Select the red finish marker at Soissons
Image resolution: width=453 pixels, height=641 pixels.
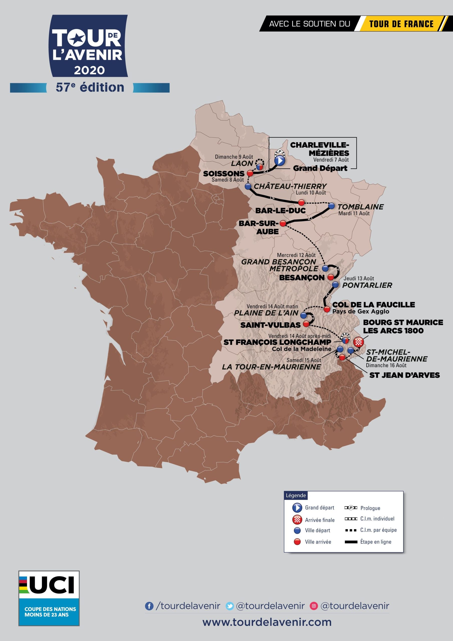[x=250, y=173]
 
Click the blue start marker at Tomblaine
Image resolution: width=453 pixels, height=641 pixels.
[x=331, y=206]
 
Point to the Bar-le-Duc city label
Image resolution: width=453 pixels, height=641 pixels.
[x=280, y=211]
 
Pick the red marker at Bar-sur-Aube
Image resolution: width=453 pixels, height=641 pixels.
[x=283, y=223]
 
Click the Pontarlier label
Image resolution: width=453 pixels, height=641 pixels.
[x=367, y=285]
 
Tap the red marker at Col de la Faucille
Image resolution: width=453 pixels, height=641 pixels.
[x=327, y=309]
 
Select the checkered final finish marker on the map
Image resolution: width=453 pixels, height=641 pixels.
[x=358, y=342]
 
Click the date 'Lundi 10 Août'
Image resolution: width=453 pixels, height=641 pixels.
[x=311, y=192]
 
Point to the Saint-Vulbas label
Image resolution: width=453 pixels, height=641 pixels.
[x=270, y=325]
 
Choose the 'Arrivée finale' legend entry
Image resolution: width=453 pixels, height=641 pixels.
[x=320, y=520]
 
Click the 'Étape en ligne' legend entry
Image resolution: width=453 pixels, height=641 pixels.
[x=375, y=542]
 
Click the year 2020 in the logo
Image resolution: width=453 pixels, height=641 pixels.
[x=89, y=70]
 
